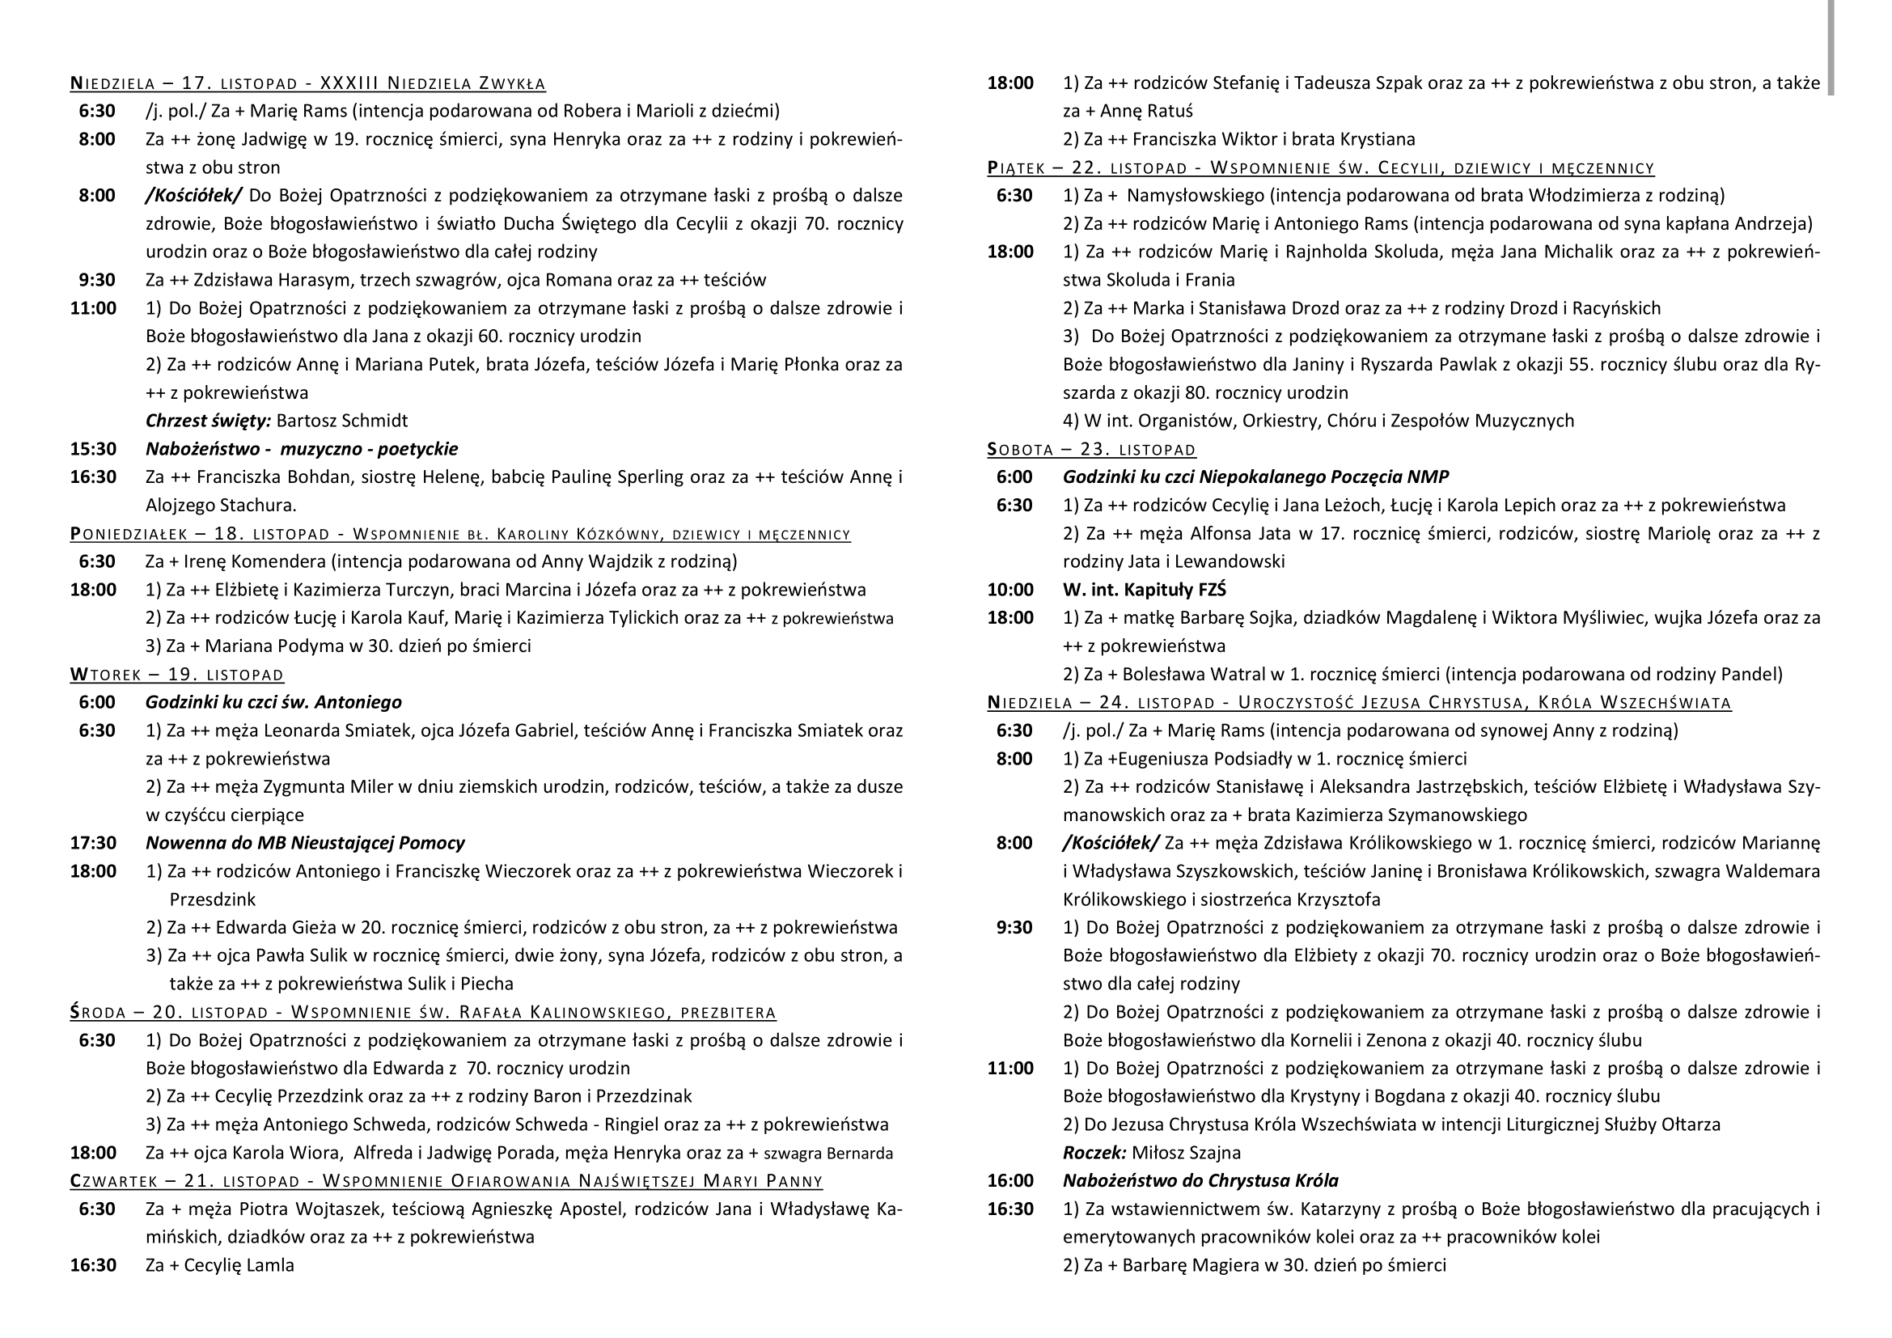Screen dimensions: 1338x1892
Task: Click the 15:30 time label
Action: click(93, 449)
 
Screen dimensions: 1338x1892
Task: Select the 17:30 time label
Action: click(93, 843)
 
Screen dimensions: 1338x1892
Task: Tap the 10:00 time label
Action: click(1010, 590)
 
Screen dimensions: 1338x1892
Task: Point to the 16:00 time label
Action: click(1010, 1180)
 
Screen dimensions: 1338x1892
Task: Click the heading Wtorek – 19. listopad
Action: click(176, 675)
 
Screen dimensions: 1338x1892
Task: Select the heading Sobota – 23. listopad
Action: click(1091, 450)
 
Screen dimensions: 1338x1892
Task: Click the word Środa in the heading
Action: click(98, 1013)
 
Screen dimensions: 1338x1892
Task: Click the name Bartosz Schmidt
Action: click(342, 421)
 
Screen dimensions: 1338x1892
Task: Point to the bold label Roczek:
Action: click(1094, 1153)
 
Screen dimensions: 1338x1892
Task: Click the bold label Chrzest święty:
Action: click(208, 421)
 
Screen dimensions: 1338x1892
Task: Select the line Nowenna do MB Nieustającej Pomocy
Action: click(305, 843)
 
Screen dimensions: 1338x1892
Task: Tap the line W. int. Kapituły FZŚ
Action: click(1145, 590)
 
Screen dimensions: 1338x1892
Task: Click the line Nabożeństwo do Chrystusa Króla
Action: click(1200, 1180)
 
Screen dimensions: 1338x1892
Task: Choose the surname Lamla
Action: click(270, 1265)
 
